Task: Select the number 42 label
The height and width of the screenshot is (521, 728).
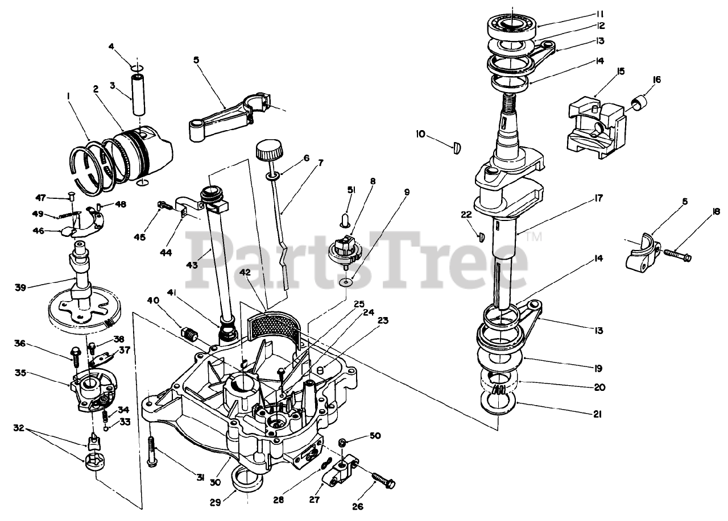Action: [x=245, y=273]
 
